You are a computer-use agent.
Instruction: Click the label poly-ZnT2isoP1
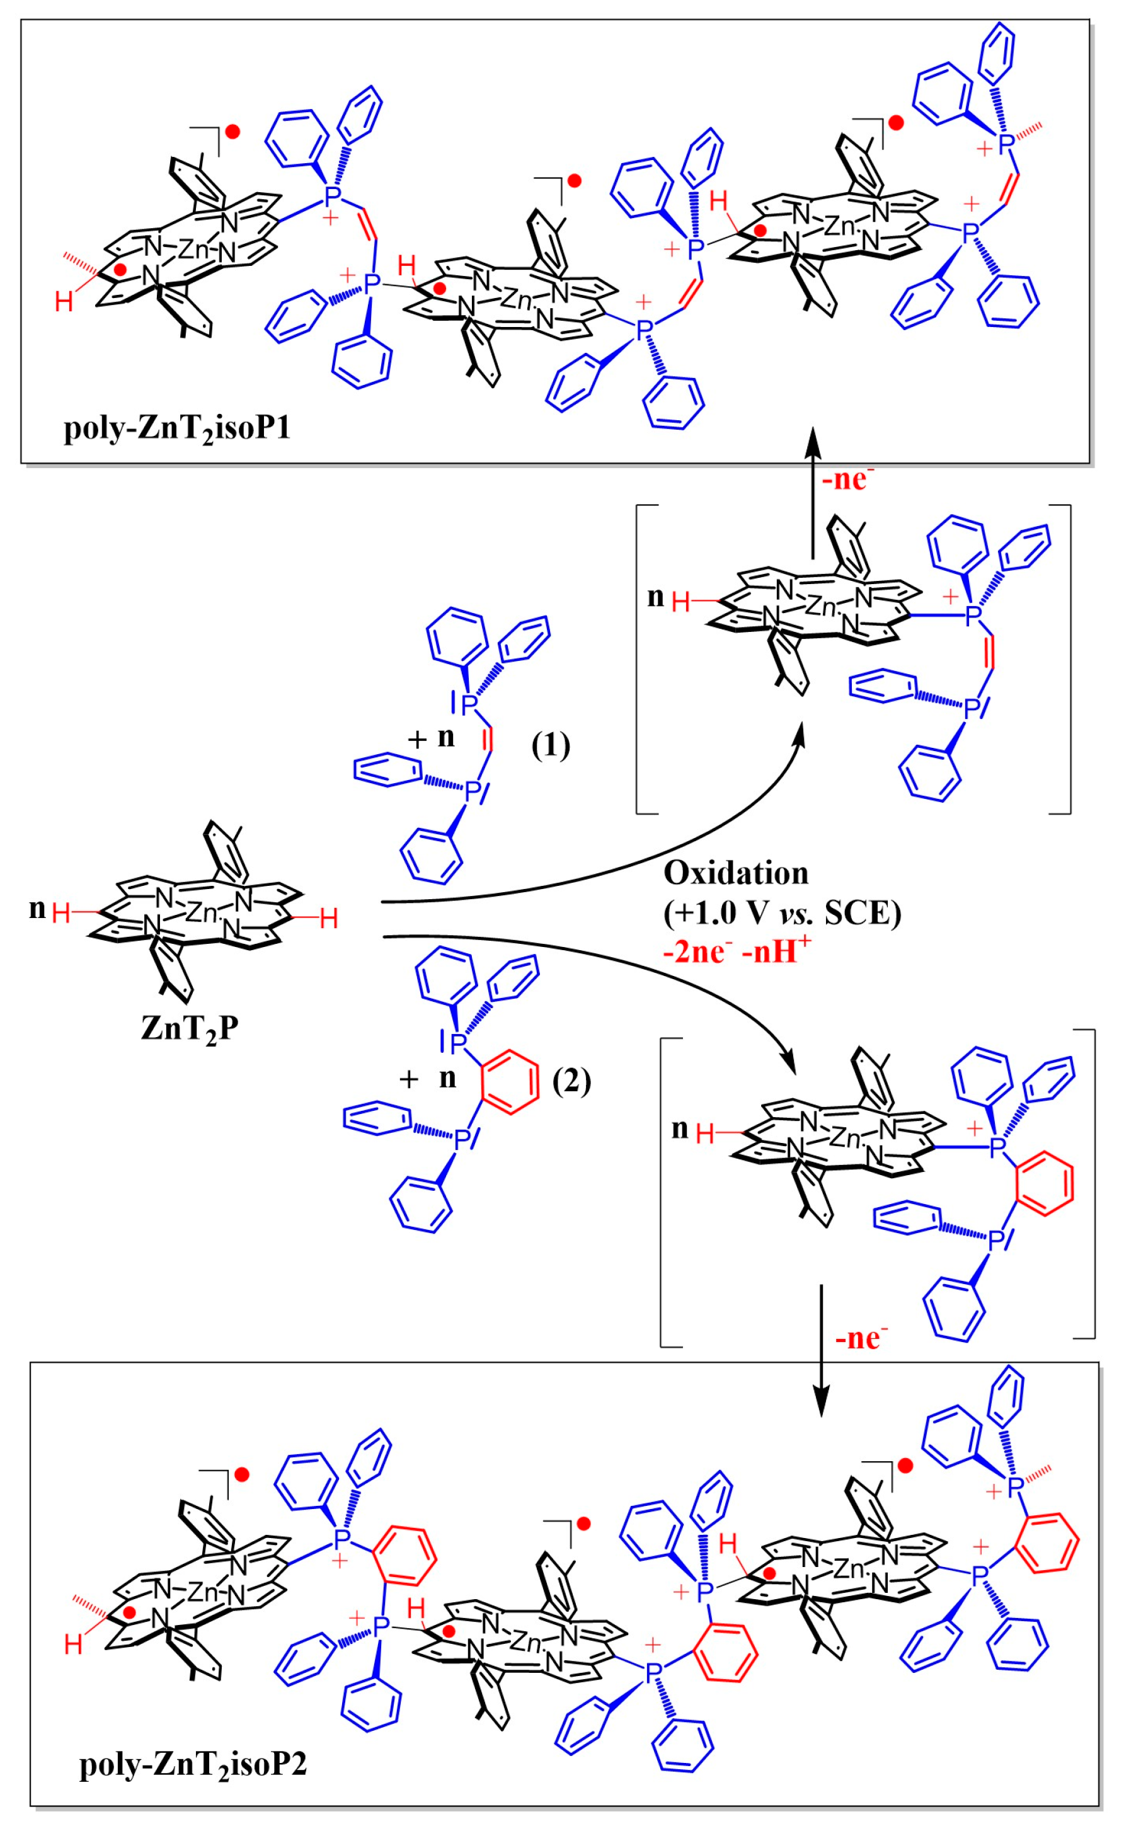point(177,430)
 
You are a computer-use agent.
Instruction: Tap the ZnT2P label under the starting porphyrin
point(190,1029)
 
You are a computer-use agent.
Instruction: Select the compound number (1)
point(551,744)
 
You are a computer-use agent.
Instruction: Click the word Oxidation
point(735,873)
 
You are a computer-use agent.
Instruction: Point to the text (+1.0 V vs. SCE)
point(781,912)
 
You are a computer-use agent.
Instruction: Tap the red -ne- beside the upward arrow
point(847,479)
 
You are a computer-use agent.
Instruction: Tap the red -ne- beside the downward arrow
point(861,1338)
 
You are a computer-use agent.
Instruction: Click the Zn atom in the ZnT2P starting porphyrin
point(201,912)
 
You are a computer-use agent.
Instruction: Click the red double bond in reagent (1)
point(488,740)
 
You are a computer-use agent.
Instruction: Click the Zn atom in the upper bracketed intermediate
point(823,608)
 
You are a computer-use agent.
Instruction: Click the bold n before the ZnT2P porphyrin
point(37,909)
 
